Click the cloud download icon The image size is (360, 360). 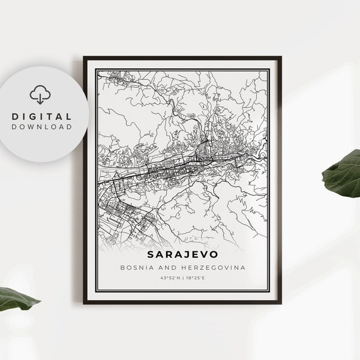click(41, 95)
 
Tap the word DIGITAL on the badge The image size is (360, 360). click(42, 117)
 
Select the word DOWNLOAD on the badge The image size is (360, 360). click(42, 127)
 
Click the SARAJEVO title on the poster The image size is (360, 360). click(183, 255)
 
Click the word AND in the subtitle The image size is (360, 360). click(167, 268)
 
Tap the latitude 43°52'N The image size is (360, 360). click(169, 279)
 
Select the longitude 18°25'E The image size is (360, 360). click(196, 279)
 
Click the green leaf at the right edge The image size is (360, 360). click(343, 173)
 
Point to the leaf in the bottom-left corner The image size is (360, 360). click(16, 298)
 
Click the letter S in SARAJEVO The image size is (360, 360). click(151, 255)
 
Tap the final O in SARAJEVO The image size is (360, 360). click(214, 255)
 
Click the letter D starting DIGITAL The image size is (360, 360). click(15, 117)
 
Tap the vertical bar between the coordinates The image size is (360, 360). click(183, 279)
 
